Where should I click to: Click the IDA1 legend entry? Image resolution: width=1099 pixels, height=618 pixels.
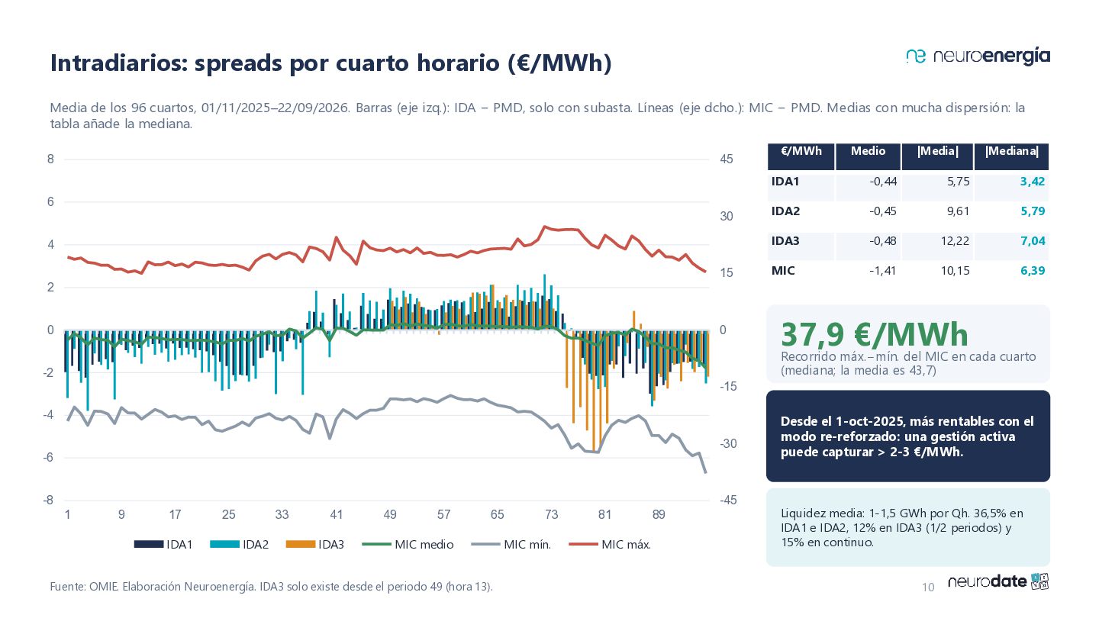click(x=163, y=545)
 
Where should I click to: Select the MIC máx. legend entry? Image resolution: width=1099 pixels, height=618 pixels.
click(x=610, y=545)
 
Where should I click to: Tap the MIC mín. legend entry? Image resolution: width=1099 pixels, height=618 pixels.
click(x=511, y=545)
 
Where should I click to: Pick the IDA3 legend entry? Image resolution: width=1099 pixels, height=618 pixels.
click(x=315, y=545)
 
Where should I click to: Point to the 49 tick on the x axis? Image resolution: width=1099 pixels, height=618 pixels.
click(x=389, y=514)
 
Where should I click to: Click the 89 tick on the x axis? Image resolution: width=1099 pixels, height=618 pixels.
click(x=659, y=514)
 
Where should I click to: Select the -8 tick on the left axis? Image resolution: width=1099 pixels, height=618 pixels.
click(x=48, y=501)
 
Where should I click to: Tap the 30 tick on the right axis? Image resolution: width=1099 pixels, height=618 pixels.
click(x=726, y=217)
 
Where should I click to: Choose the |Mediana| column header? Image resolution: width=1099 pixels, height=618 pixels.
click(x=1012, y=151)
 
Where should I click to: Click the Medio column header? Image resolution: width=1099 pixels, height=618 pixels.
click(x=868, y=150)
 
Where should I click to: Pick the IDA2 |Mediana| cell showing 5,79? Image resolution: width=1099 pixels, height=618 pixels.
click(x=1033, y=211)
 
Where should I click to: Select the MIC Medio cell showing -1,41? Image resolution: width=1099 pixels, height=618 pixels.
click(x=882, y=271)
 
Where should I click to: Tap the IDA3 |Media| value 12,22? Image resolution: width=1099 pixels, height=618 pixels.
click(x=955, y=241)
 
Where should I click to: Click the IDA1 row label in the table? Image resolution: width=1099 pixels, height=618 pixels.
click(x=785, y=182)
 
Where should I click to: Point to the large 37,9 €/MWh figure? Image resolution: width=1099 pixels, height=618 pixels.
click(x=875, y=334)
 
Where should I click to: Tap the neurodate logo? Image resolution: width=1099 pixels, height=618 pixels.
click(x=998, y=581)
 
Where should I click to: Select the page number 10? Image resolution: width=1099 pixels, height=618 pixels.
click(x=928, y=587)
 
